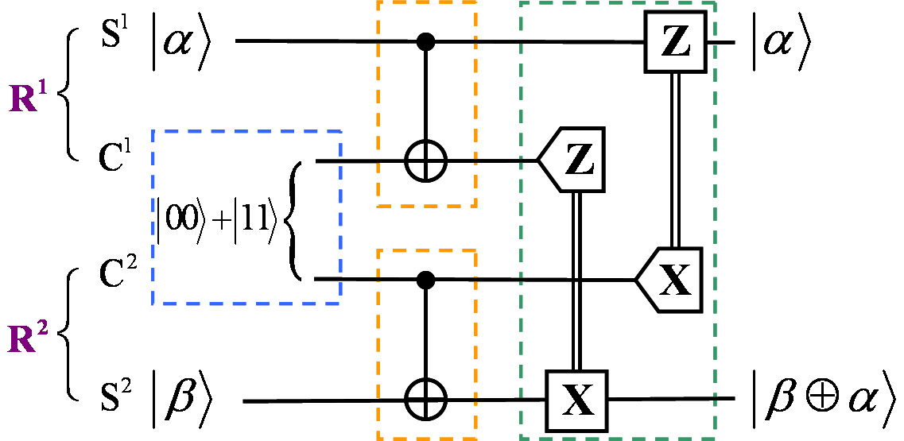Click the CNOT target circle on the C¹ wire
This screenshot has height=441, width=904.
pos(428,162)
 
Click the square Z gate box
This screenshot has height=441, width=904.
pos(675,42)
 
